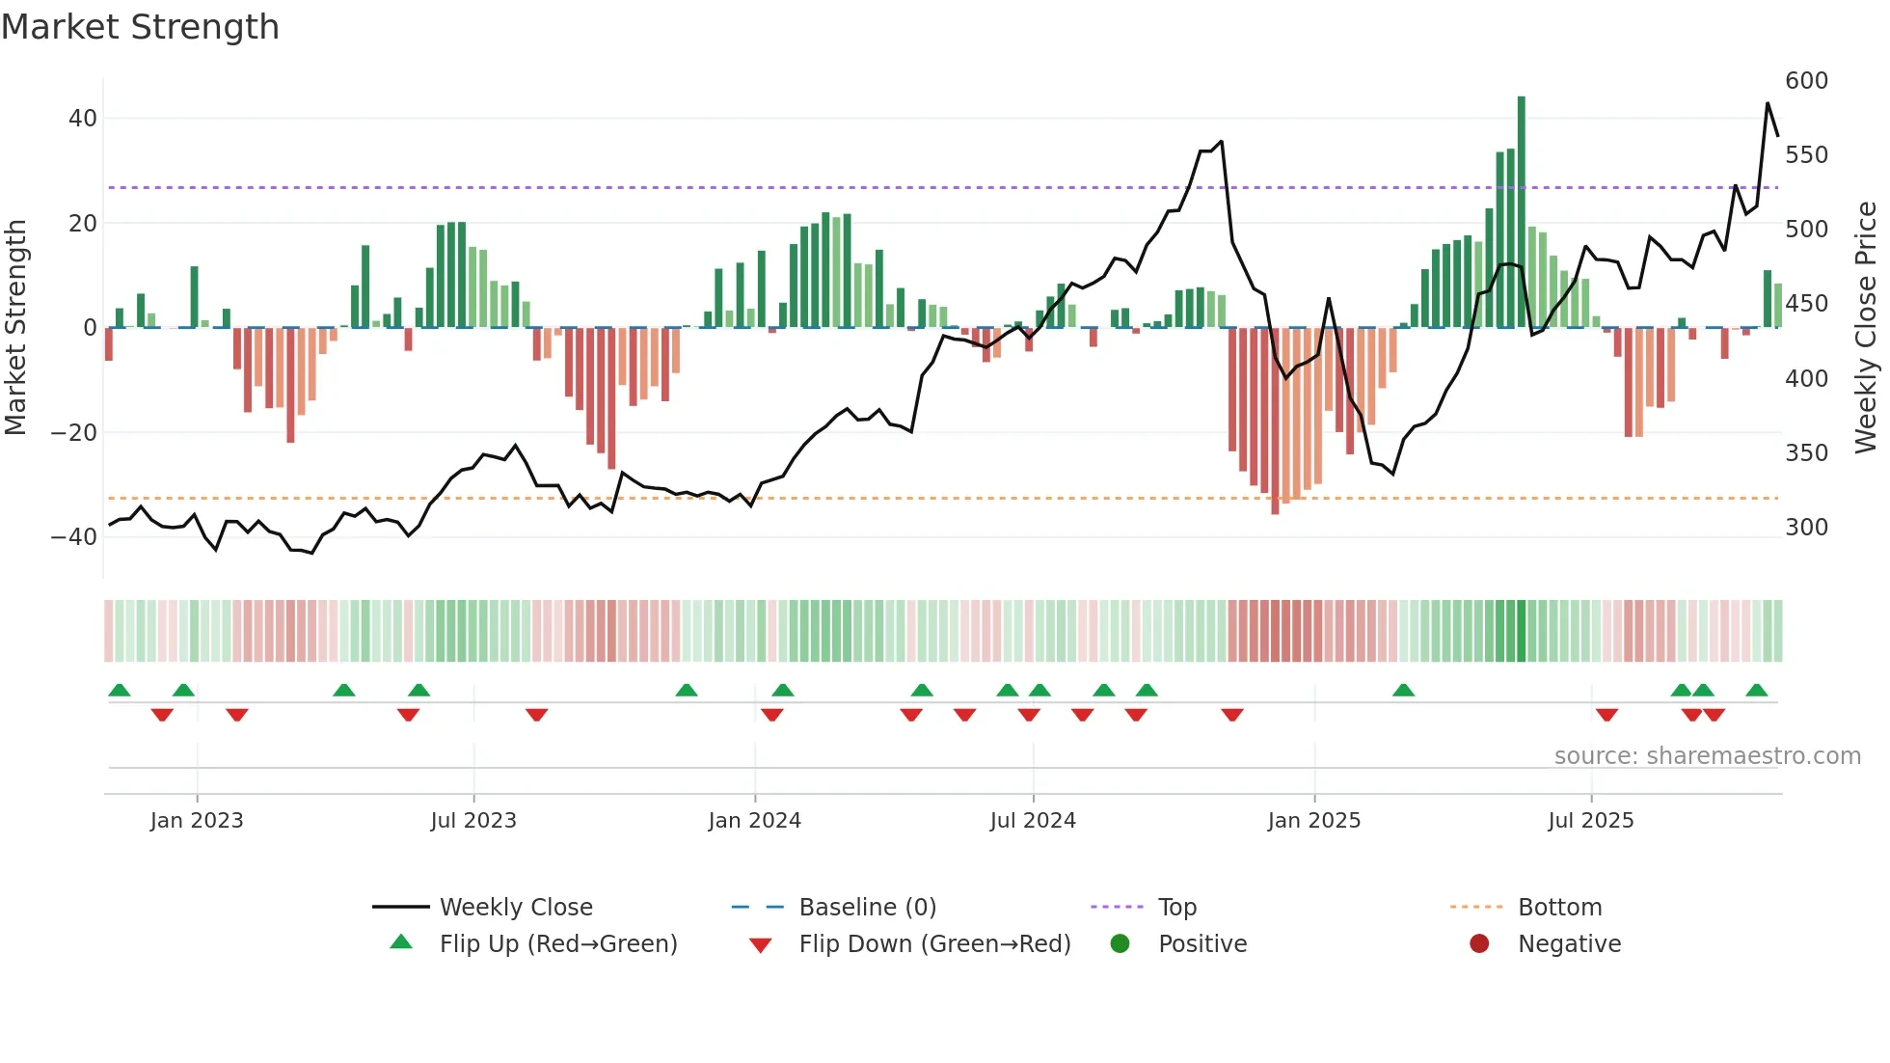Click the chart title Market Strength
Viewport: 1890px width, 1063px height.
point(140,27)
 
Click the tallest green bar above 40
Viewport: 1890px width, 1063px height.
point(1522,212)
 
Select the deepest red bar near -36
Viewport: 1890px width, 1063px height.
point(1275,421)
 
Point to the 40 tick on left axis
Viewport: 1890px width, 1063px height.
point(83,119)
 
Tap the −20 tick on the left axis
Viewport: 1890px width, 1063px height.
point(74,433)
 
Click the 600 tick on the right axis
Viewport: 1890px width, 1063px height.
point(1806,81)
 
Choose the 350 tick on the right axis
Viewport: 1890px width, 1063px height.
point(1806,453)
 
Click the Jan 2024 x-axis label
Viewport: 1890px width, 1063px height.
point(754,821)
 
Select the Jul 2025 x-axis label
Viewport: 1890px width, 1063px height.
point(1591,821)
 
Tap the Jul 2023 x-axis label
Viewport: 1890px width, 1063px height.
point(473,821)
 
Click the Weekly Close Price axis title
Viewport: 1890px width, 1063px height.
point(1866,327)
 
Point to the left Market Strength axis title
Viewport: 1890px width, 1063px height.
point(15,327)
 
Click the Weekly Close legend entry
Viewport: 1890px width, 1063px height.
point(516,908)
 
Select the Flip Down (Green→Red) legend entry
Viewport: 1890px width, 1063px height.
point(934,944)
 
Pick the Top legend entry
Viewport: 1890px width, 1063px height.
point(1176,908)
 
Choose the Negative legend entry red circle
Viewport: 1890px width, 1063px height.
point(1479,944)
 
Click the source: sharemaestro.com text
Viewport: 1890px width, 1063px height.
point(1707,756)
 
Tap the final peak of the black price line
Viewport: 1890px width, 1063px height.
point(1768,103)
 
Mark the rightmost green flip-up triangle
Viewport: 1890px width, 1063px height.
point(1757,691)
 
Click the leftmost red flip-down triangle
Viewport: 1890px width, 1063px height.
point(162,715)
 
